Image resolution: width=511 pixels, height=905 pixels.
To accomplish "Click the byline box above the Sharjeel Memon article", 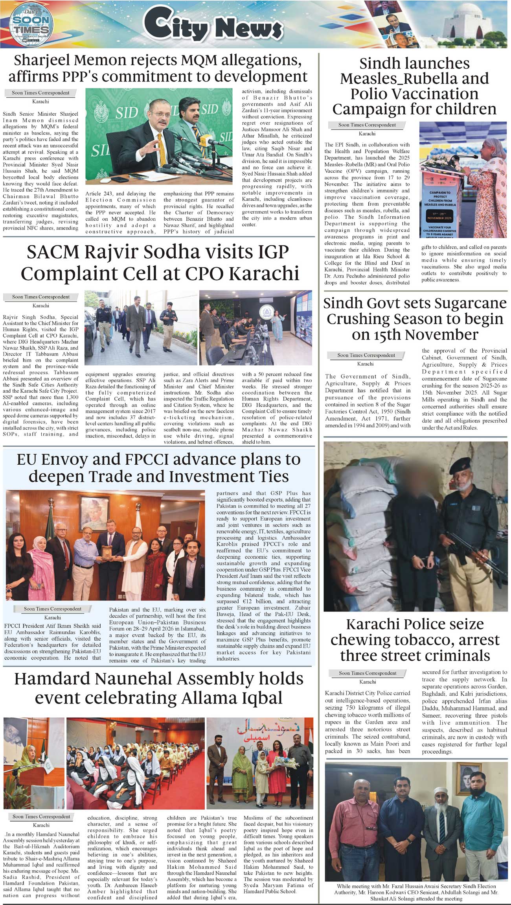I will tap(40, 93).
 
